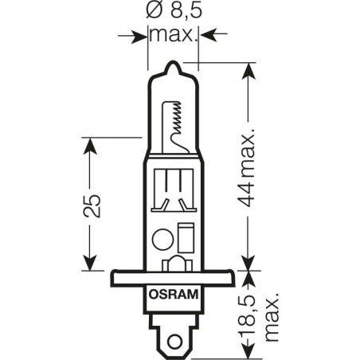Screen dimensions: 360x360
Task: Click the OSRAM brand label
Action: [x=174, y=295]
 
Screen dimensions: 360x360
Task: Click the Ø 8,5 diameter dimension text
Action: [x=174, y=10]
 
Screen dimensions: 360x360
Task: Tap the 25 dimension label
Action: [x=92, y=206]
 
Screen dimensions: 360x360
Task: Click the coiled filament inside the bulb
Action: [x=177, y=118]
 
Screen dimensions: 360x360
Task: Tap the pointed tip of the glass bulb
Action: [x=173, y=63]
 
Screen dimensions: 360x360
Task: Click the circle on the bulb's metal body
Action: [x=163, y=239]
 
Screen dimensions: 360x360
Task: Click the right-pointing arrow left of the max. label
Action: [x=133, y=35]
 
